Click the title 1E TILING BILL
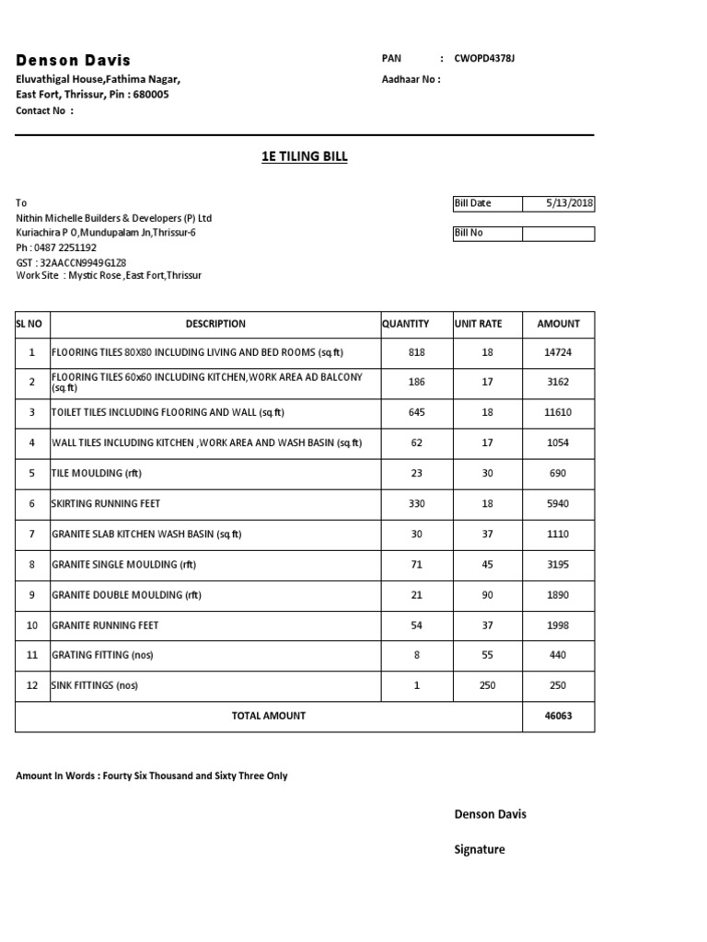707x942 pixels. click(305, 157)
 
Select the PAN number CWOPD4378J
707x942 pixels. click(485, 59)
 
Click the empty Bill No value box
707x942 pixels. click(558, 234)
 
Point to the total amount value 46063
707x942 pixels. click(558, 716)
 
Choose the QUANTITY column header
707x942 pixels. click(405, 324)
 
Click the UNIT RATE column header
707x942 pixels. click(478, 324)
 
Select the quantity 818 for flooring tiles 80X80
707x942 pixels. click(416, 352)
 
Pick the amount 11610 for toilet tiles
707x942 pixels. click(558, 413)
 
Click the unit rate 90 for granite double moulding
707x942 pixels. click(487, 595)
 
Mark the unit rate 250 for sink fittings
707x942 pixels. click(487, 686)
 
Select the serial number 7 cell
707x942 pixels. click(31, 534)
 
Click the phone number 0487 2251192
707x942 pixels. click(64, 247)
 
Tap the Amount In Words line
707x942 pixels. click(151, 776)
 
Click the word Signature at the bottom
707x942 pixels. click(480, 850)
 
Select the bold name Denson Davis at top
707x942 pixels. click(74, 60)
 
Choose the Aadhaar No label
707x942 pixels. click(411, 79)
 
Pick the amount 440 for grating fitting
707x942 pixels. click(558, 656)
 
